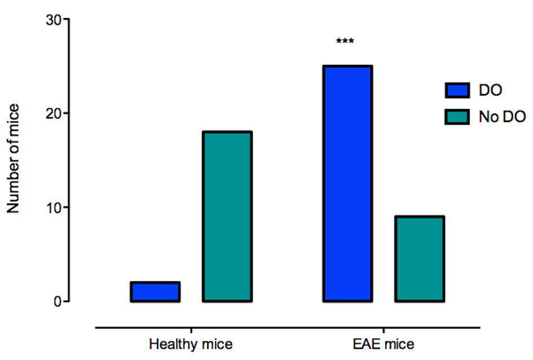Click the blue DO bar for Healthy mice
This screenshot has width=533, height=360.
155,292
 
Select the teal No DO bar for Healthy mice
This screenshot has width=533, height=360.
227,217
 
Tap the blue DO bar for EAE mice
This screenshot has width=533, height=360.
347,184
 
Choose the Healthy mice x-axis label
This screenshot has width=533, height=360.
191,344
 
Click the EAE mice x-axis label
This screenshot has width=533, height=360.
384,344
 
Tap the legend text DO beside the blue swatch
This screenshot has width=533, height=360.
490,90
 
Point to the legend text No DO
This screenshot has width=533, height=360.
502,117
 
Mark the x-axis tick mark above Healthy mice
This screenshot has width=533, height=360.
191,330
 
